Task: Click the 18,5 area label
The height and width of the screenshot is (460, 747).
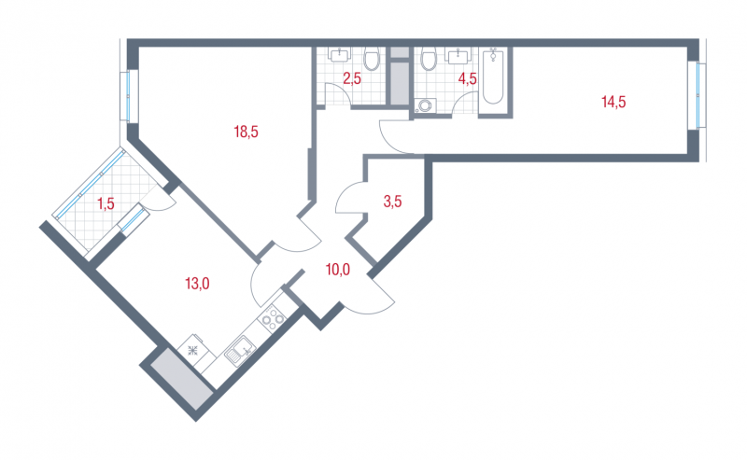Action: click(x=246, y=132)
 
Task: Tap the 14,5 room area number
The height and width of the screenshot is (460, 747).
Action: click(x=613, y=102)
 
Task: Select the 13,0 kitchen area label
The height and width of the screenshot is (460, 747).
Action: click(x=197, y=284)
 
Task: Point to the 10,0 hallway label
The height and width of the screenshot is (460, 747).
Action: click(x=338, y=270)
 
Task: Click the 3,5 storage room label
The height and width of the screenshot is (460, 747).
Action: click(x=392, y=202)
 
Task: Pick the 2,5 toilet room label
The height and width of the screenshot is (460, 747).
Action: click(x=352, y=78)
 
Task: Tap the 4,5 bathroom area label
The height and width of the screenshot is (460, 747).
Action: click(x=468, y=78)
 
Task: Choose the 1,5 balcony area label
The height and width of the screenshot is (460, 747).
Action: click(x=106, y=203)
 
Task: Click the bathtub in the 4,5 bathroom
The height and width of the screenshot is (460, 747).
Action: click(x=493, y=77)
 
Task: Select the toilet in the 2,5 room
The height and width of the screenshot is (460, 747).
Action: click(x=371, y=58)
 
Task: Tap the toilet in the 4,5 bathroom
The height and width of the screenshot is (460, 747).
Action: click(x=429, y=58)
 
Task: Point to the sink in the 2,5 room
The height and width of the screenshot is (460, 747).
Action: click(x=339, y=54)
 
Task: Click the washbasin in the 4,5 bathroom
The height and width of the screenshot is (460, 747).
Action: click(x=458, y=55)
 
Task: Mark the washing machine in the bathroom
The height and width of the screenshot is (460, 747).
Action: click(x=425, y=105)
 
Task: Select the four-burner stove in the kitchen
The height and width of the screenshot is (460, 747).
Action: click(x=272, y=318)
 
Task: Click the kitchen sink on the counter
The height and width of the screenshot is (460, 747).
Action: click(x=240, y=351)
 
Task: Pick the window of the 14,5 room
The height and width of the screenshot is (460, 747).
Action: click(x=699, y=95)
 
